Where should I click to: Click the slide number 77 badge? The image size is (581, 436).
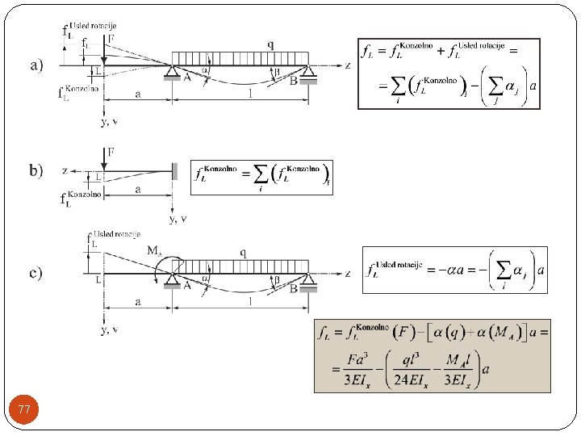(x=24, y=411)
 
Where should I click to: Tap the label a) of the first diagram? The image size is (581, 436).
(x=37, y=64)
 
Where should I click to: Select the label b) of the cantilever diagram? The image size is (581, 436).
(x=37, y=170)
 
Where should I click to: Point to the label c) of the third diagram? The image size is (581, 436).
(x=37, y=273)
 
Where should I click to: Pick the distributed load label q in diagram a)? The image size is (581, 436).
(x=270, y=44)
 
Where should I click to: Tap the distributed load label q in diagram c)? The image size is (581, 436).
(x=243, y=251)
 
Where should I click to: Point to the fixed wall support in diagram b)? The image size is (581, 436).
(x=174, y=171)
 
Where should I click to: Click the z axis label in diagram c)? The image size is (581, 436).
(x=348, y=274)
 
